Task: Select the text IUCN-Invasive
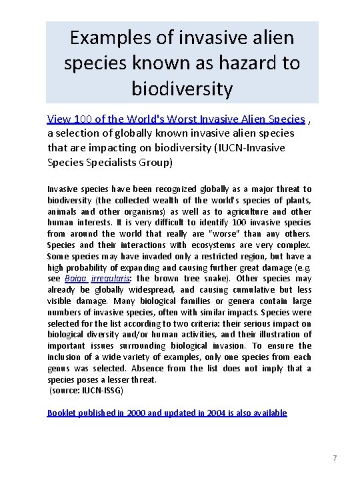[271, 147]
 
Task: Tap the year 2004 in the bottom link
[201, 413]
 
